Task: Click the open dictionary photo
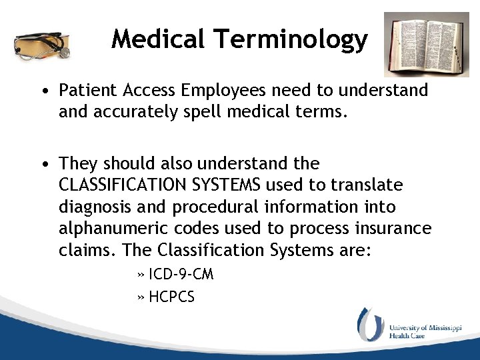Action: pyautogui.click(x=426, y=44)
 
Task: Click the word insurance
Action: pyautogui.click(x=393, y=228)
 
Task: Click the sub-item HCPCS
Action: pyautogui.click(x=171, y=297)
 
